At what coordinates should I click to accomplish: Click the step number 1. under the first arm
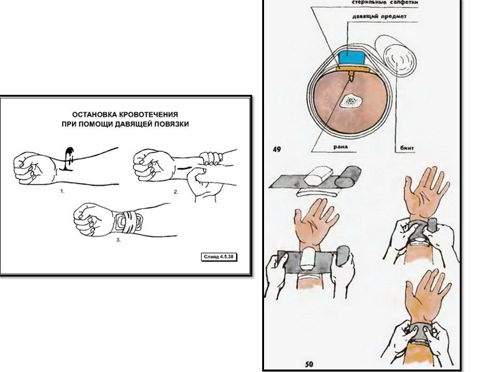pos(63,192)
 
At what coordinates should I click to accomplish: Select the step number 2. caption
pos(176,192)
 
